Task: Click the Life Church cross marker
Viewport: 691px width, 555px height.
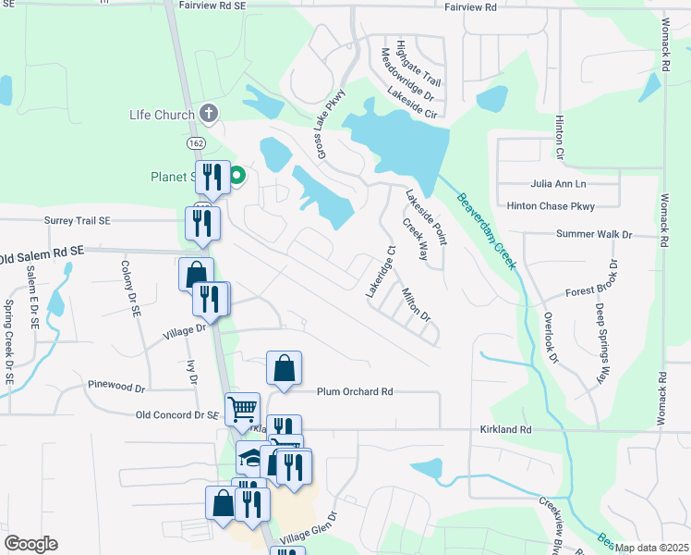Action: point(209,115)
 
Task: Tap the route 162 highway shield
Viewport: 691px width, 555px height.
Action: point(195,143)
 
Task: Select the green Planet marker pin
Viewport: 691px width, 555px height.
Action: point(236,175)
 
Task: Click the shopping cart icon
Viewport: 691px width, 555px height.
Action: point(242,407)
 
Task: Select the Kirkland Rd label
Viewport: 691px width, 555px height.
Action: point(506,430)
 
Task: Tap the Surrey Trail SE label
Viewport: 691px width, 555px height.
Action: point(78,221)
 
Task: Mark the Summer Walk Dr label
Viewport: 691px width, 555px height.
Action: point(594,235)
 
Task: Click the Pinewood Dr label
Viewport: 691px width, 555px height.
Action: point(116,385)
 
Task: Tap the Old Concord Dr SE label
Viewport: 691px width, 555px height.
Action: point(176,416)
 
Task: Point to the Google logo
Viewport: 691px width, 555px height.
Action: point(30,544)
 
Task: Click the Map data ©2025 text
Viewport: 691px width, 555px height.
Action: point(650,548)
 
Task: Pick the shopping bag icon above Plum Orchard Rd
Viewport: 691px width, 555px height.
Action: point(285,367)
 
